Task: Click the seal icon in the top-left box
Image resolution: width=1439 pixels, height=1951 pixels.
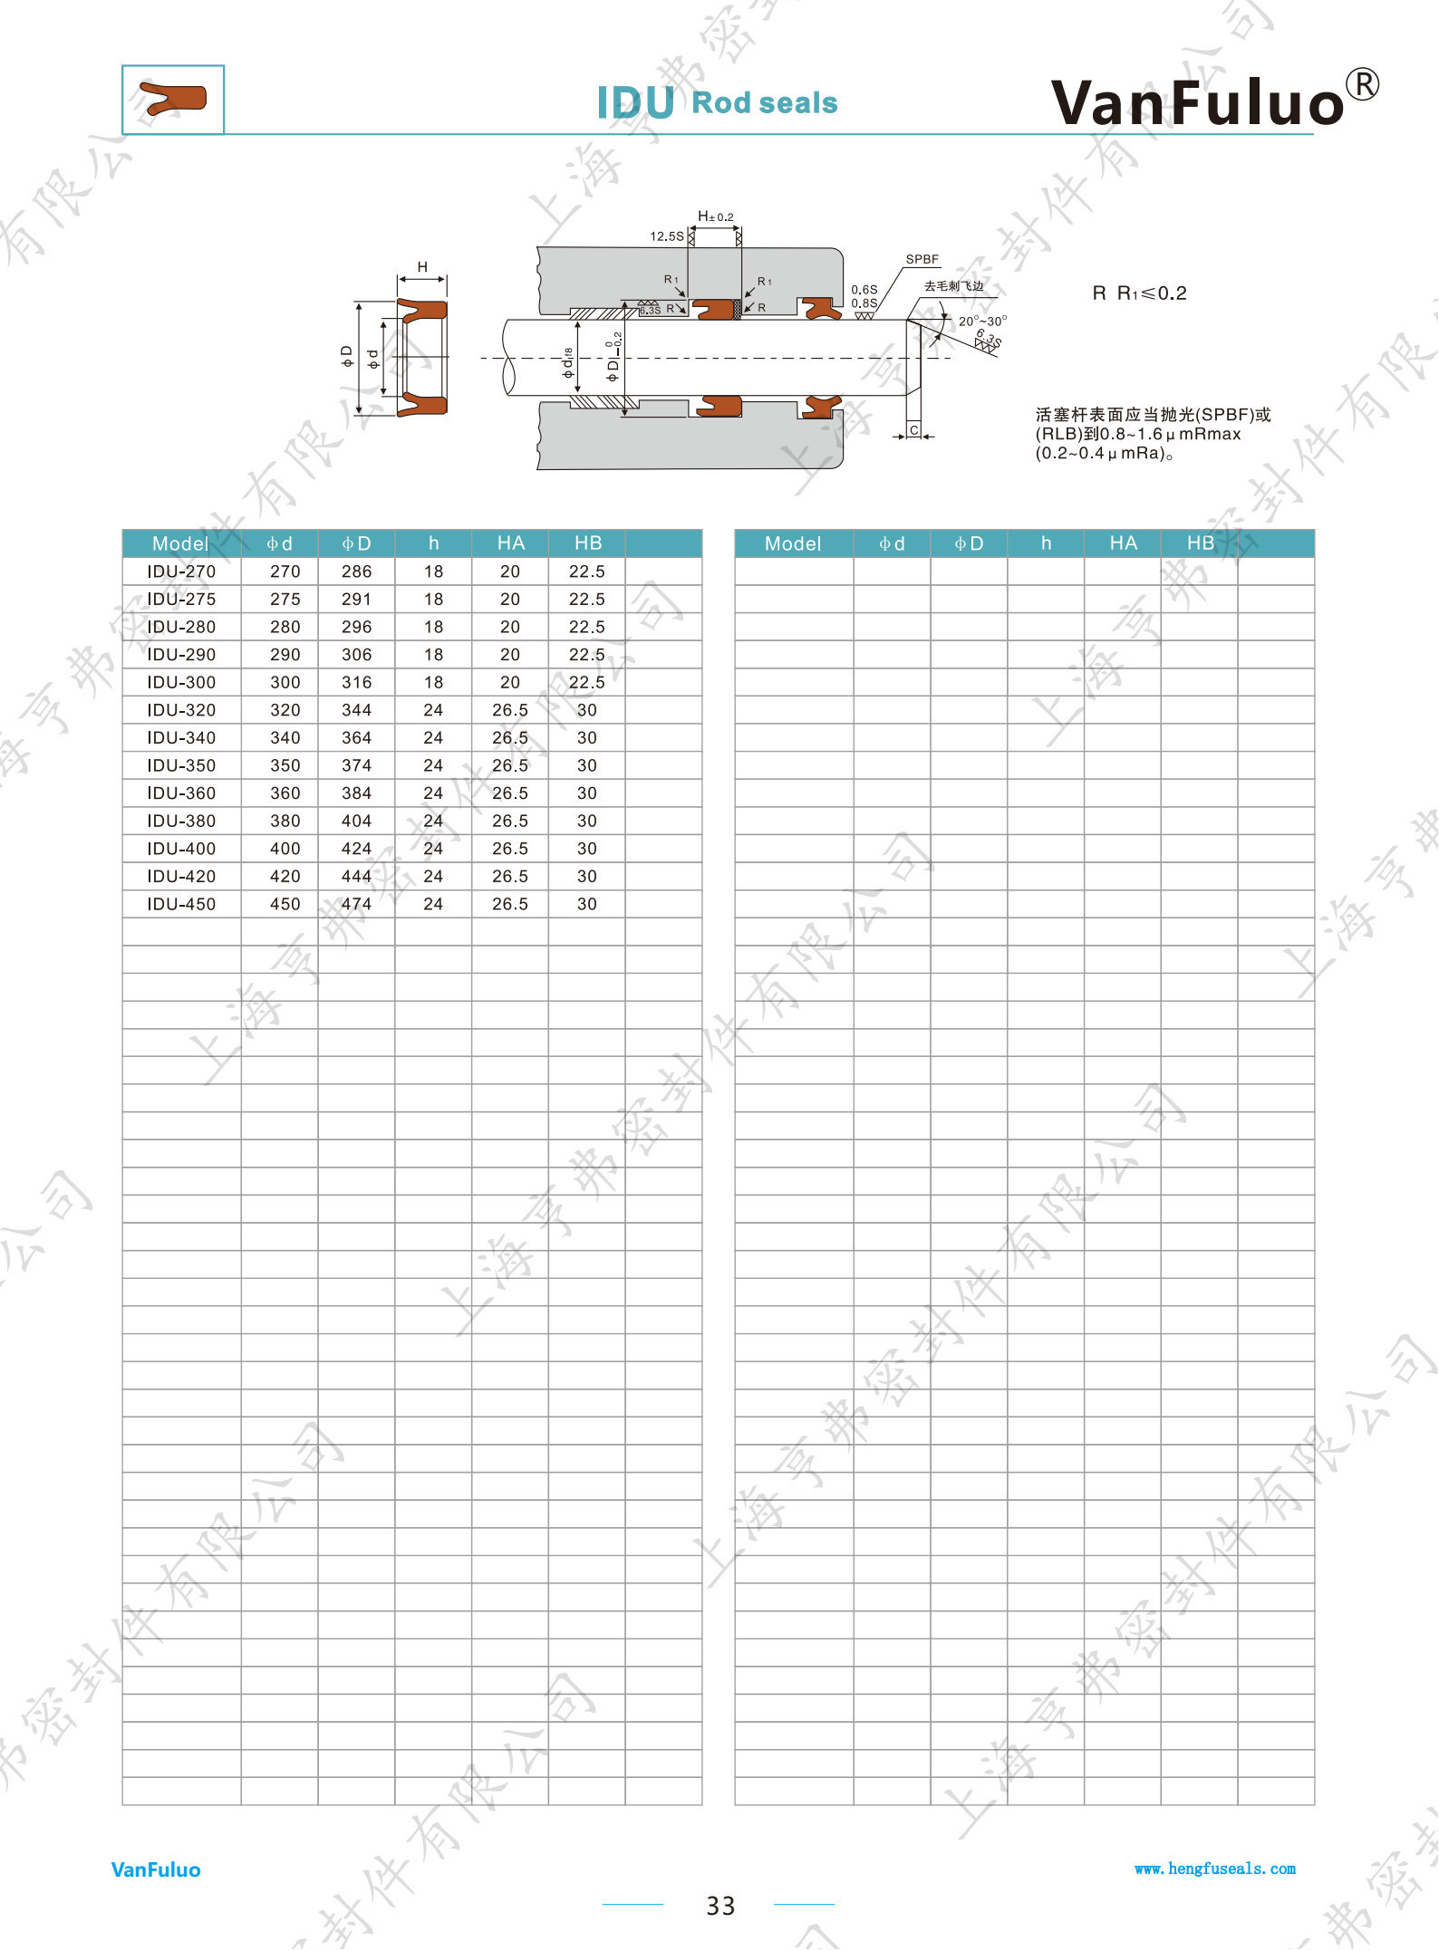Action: point(173,99)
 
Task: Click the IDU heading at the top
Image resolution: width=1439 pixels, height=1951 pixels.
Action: point(635,103)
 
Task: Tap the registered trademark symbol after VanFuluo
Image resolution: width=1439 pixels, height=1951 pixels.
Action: point(1362,84)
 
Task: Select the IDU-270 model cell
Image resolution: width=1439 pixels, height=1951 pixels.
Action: point(181,572)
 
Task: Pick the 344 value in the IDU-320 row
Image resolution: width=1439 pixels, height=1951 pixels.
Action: point(356,710)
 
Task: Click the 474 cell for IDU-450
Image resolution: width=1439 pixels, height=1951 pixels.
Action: point(356,904)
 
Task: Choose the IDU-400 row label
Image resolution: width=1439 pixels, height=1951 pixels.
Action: point(181,849)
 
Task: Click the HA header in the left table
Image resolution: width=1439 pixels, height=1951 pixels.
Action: point(510,543)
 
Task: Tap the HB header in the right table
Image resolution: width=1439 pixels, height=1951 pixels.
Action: point(1201,543)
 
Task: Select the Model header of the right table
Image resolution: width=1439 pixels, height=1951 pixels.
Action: point(793,543)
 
